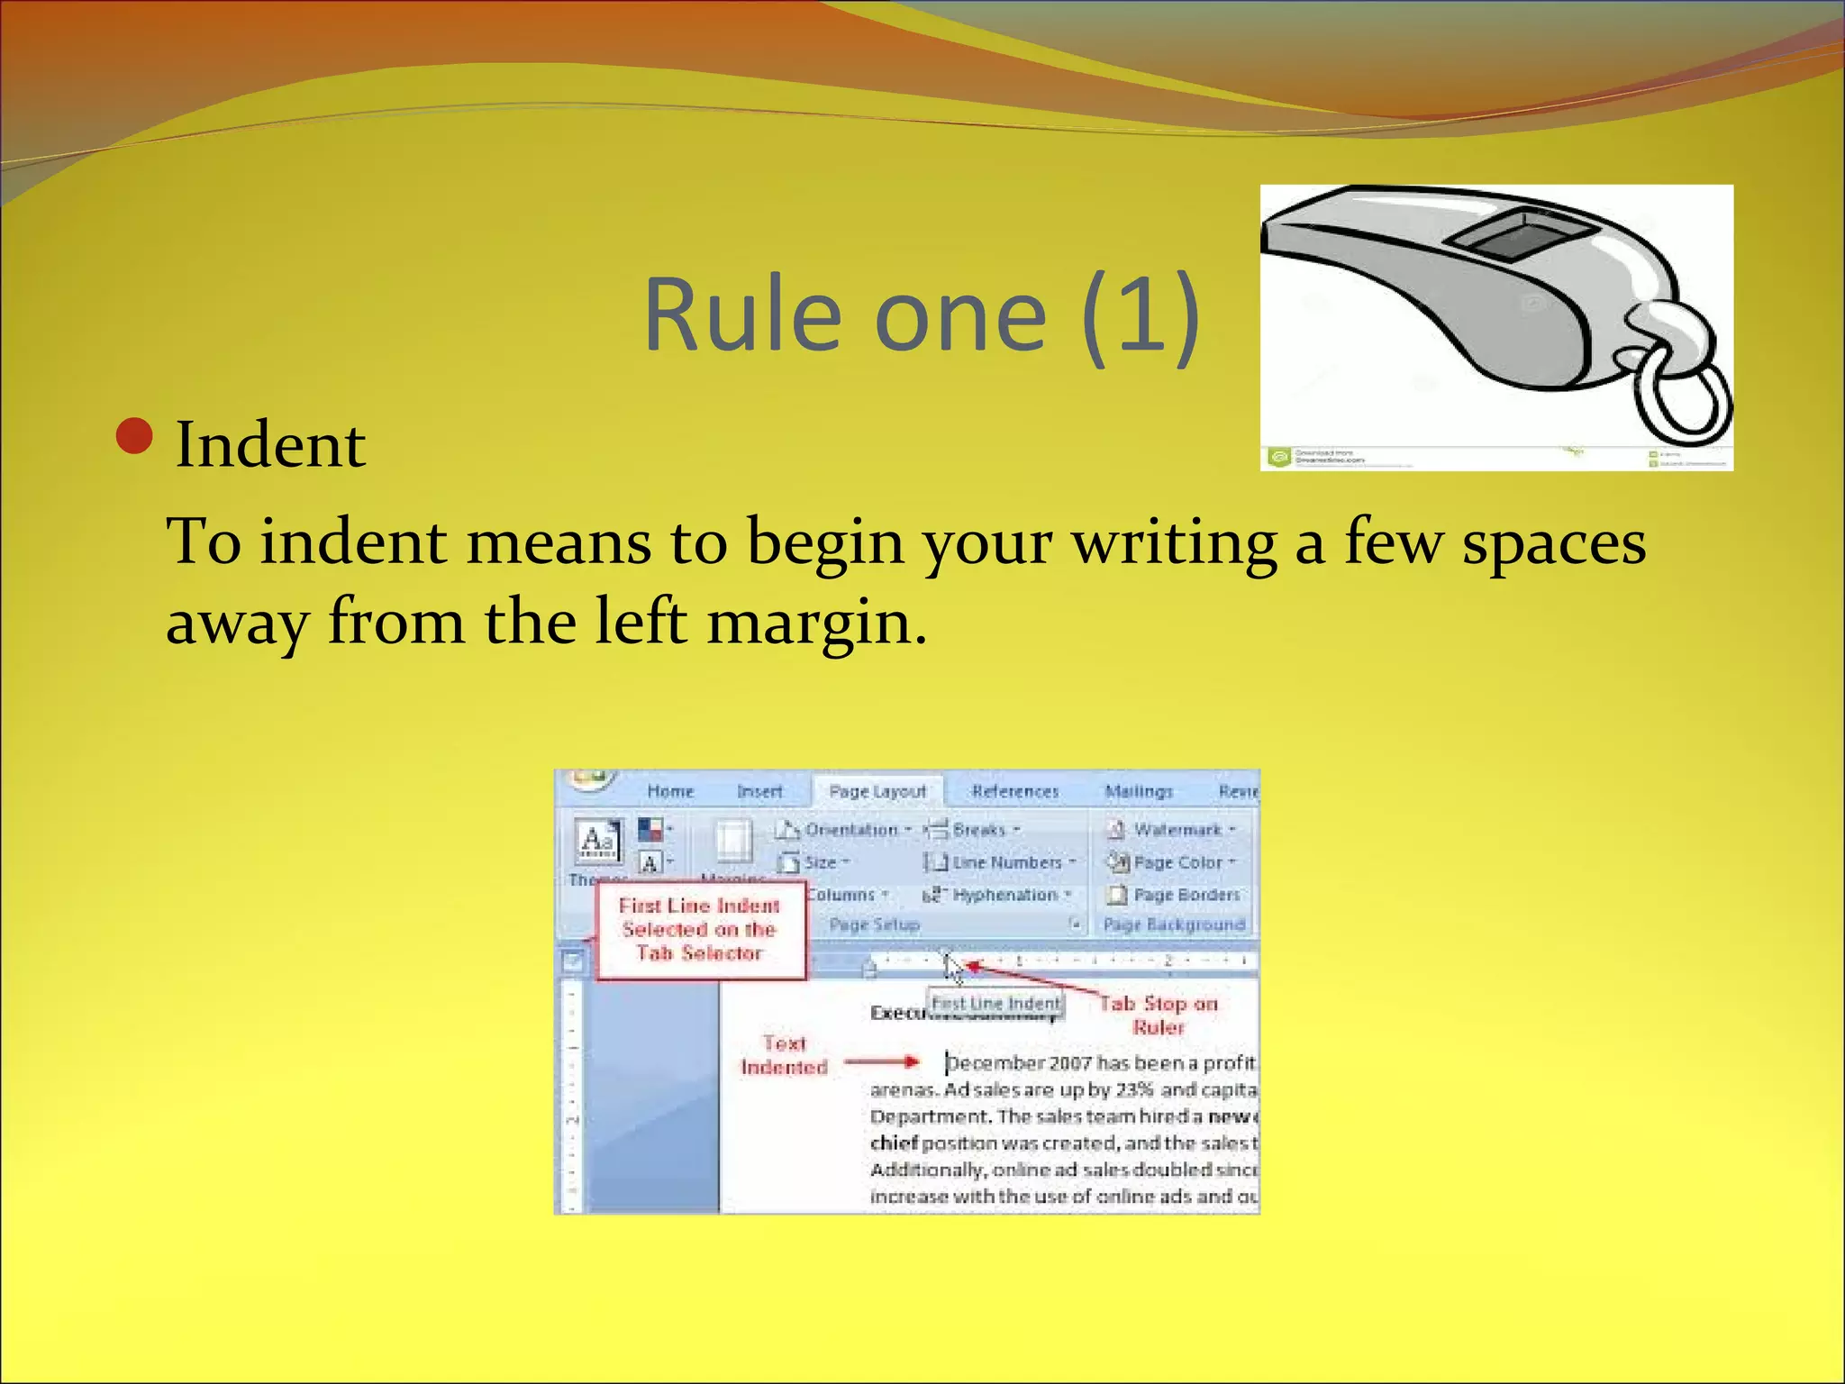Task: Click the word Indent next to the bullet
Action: point(270,445)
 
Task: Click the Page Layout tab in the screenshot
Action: point(877,791)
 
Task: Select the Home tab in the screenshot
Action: point(670,791)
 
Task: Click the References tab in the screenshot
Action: point(1014,791)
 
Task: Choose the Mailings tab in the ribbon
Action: point(1139,791)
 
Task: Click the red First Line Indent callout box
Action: point(699,930)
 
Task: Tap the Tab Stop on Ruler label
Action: point(1159,1015)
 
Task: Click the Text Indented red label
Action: point(784,1055)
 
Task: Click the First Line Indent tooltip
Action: point(995,1003)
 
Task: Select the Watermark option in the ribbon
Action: point(1176,829)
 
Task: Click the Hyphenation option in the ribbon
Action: point(1004,895)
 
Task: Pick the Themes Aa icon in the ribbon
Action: point(597,842)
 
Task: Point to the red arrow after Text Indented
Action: point(882,1062)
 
